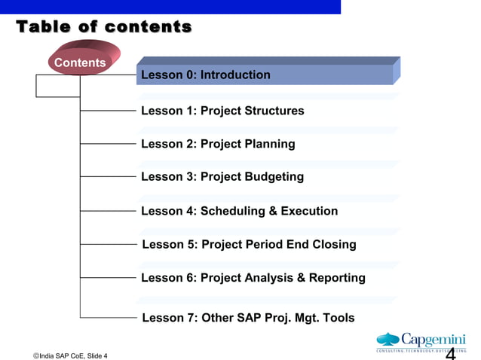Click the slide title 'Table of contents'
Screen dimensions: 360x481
point(104,28)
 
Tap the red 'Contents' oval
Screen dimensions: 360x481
point(80,63)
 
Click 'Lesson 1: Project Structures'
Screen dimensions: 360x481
point(222,111)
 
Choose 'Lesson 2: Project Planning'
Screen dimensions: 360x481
point(218,144)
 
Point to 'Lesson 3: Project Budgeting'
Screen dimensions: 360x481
point(222,177)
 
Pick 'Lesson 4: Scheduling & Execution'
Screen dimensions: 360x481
point(239,211)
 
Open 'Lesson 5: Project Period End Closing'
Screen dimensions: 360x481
point(249,244)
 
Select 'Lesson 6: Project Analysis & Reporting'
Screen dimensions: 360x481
point(253,278)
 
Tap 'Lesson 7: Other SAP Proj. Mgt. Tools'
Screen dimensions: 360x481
point(248,318)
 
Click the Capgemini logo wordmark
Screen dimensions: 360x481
point(434,340)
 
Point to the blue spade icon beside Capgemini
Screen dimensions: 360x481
point(388,340)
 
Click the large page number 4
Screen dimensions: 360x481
point(451,354)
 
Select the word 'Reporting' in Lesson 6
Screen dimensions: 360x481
point(337,278)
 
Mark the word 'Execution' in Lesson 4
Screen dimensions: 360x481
point(309,211)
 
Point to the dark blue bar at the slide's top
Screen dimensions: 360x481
point(170,7)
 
